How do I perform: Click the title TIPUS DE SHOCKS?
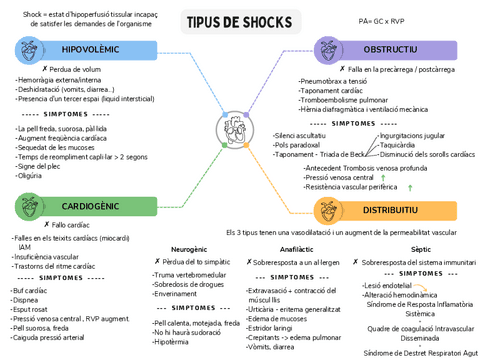pos(239,23)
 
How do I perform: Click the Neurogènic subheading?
pos(189,248)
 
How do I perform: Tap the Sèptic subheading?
pos(420,248)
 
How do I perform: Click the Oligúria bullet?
pos(31,175)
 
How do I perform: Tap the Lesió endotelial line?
pos(390,285)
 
